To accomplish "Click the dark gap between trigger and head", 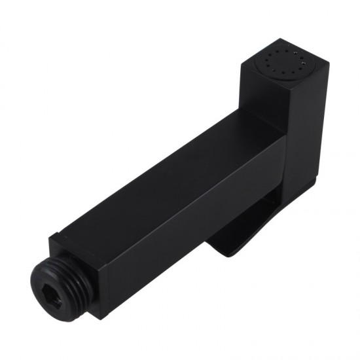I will click(278, 209).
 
